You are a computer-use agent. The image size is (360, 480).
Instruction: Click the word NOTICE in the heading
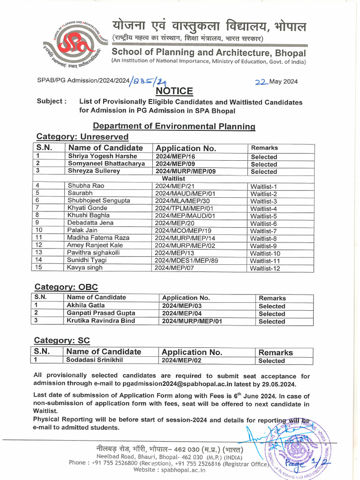tap(174, 91)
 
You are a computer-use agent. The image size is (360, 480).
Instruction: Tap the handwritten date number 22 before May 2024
tap(261, 82)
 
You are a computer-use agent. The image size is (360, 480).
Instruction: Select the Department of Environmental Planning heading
tap(174, 126)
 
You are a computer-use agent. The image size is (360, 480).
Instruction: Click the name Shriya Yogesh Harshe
tap(103, 156)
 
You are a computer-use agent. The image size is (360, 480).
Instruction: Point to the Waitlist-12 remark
tap(265, 268)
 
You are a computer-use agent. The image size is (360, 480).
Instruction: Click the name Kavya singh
tap(85, 268)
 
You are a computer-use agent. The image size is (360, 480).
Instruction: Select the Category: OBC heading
tap(66, 287)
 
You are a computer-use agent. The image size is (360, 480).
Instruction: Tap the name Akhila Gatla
tap(86, 305)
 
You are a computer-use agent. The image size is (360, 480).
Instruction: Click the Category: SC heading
tap(62, 340)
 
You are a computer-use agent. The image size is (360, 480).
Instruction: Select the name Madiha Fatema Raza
tap(98, 238)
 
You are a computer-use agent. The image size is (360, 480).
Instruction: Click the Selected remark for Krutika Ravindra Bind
tap(271, 322)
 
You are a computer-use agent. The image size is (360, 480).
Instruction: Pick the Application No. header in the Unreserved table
tap(186, 149)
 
